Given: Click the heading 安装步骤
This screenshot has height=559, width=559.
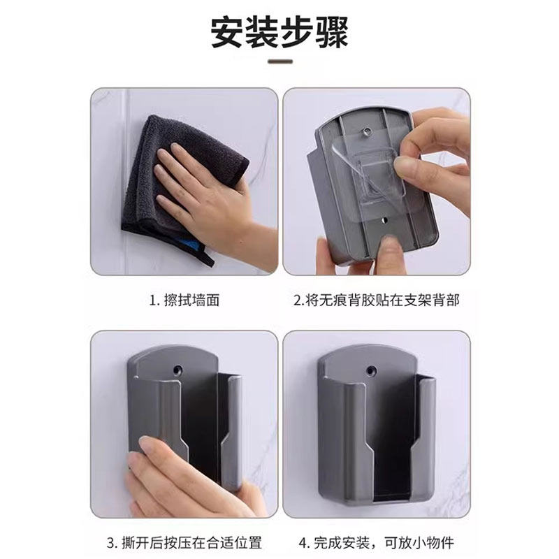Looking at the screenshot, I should click(x=279, y=31).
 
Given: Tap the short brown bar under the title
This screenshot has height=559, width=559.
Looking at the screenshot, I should click(x=279, y=62).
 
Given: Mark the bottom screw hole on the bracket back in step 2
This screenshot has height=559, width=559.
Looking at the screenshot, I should click(x=382, y=221).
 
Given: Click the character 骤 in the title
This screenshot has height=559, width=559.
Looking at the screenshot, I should click(x=331, y=31).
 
